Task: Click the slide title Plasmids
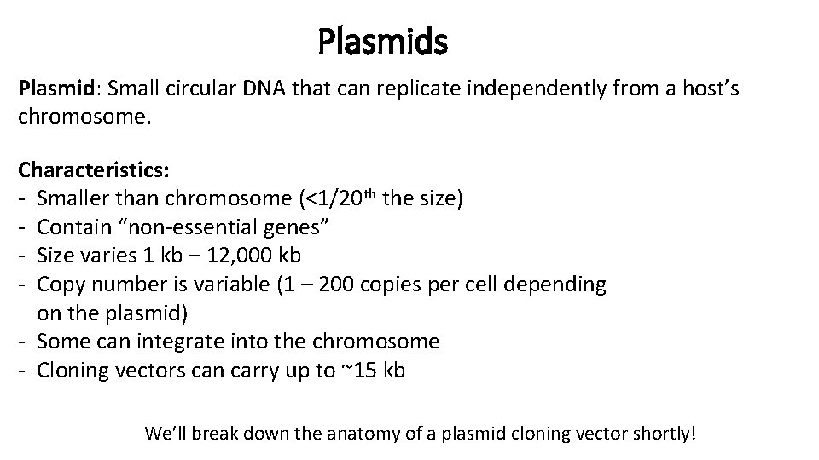pos(382,40)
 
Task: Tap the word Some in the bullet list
pos(62,342)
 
